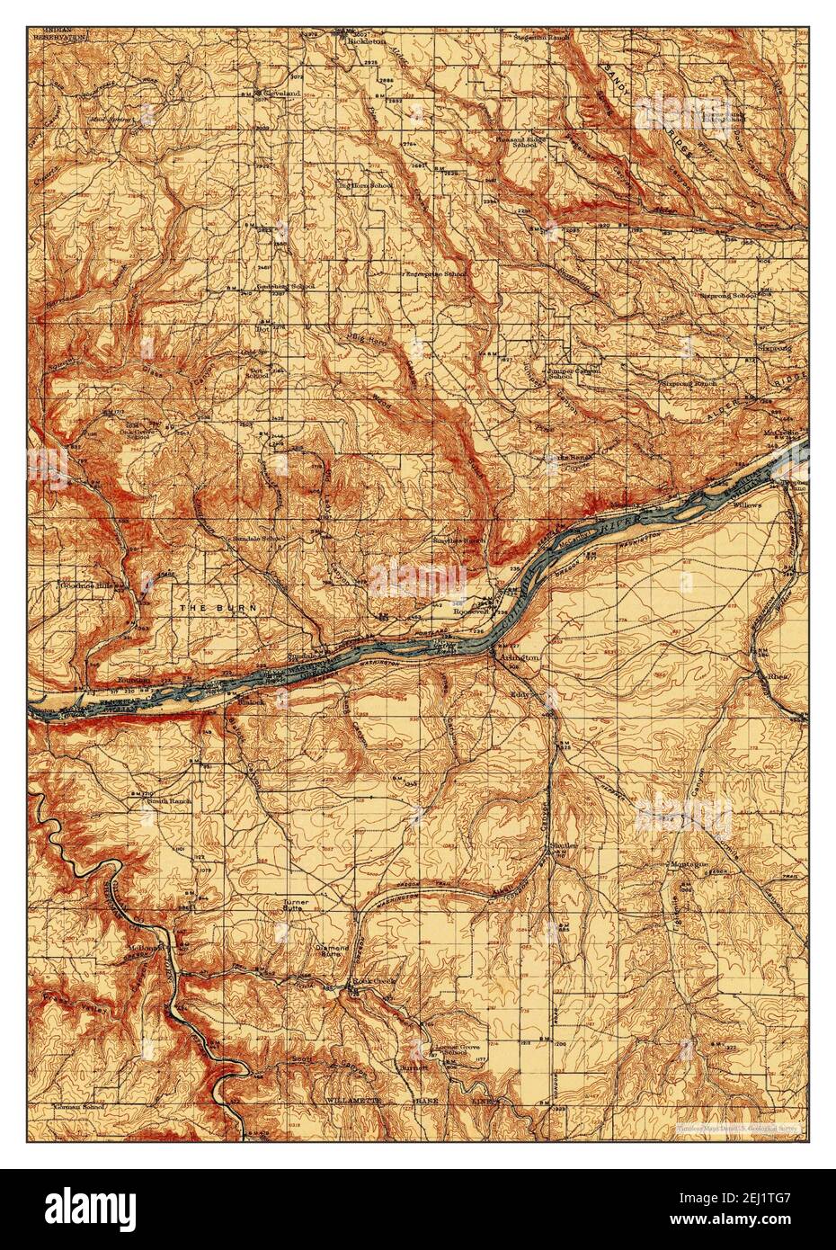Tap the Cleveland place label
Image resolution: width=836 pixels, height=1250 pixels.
280,93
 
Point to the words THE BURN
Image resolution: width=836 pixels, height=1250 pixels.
218,609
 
